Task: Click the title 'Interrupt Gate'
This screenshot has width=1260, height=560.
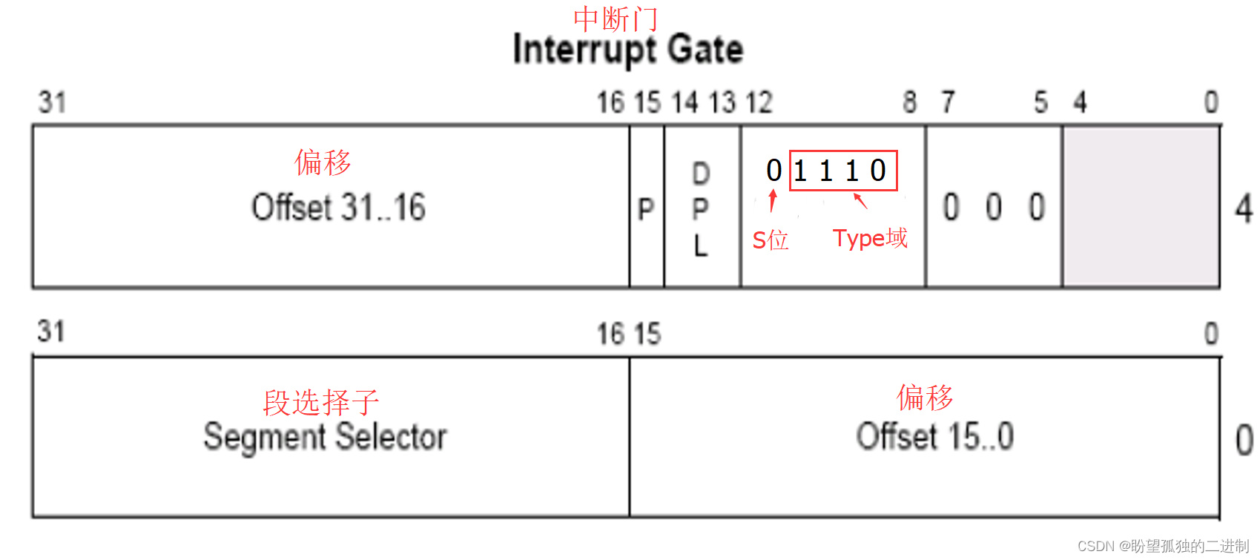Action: coord(627,50)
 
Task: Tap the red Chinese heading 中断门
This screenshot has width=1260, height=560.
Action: coord(615,19)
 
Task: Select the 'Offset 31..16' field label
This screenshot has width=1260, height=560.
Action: coord(338,208)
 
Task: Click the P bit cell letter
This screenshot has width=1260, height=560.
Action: coord(646,209)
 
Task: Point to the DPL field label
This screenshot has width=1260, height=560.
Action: coord(701,209)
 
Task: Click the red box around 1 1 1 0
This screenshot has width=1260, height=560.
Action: coord(842,171)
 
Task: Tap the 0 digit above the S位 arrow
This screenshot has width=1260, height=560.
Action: coord(774,171)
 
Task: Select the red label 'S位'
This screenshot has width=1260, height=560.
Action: coord(770,240)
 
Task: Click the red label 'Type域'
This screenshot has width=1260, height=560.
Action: coord(870,238)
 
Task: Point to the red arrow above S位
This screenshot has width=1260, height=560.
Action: coord(773,200)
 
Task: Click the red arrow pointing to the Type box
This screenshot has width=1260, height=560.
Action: coord(860,200)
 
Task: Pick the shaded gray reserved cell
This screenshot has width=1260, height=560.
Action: coord(1141,206)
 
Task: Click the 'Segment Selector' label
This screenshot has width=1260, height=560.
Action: coord(325,437)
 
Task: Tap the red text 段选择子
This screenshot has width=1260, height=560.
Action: coord(320,403)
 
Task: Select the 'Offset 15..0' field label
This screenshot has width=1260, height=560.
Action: coord(934,437)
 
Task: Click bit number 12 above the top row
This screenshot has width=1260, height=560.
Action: coord(759,102)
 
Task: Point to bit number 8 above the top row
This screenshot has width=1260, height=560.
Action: coord(910,102)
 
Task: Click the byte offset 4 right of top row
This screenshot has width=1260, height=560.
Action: coord(1244,208)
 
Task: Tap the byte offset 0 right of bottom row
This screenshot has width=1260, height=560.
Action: coord(1244,440)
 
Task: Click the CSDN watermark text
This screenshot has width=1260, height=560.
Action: coord(1162,547)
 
